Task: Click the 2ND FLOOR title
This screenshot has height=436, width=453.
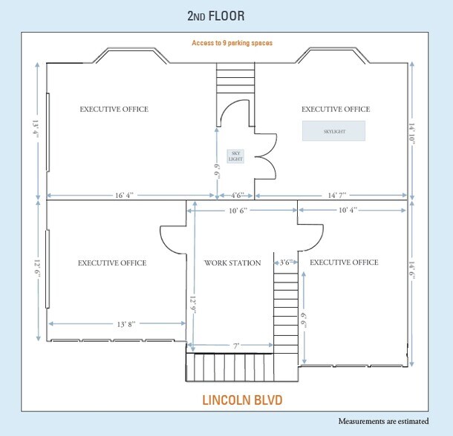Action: [216, 16]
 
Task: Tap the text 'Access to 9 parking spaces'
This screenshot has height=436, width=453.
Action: [232, 43]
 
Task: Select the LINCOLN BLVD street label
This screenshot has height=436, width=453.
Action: [242, 400]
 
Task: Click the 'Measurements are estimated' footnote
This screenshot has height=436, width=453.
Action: [383, 421]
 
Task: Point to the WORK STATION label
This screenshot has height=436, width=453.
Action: [232, 263]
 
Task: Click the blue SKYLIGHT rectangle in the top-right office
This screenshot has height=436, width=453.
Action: [333, 131]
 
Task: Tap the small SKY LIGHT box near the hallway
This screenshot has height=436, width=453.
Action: [235, 156]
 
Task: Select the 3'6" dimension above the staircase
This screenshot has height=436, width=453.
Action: [284, 262]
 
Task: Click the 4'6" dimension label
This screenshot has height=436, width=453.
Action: [238, 196]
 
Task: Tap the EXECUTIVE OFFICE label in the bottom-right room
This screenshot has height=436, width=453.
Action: [344, 262]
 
